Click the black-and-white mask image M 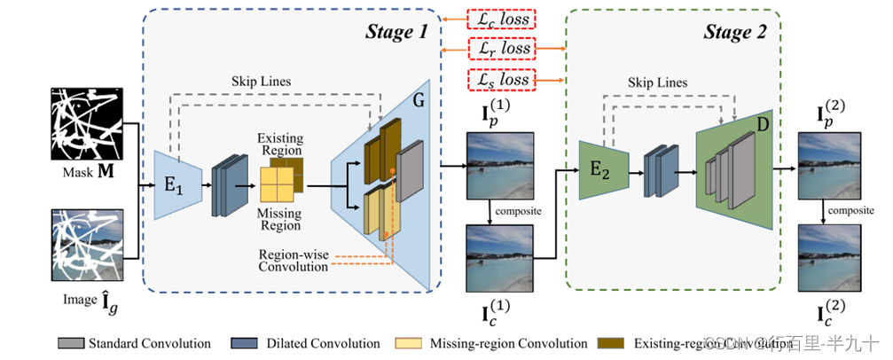[x=88, y=121]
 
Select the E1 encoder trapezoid [x=173, y=184]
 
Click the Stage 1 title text [x=396, y=33]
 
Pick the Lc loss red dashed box [x=502, y=19]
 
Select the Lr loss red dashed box [x=502, y=50]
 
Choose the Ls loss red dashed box [x=502, y=81]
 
